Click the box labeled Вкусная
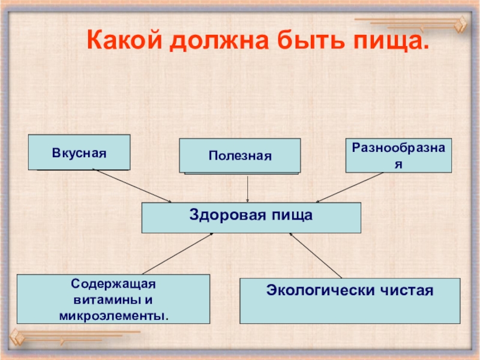(79, 152)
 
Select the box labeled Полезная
(240, 155)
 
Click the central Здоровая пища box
(251, 217)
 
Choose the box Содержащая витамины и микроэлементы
(113, 299)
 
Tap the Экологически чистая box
(350, 301)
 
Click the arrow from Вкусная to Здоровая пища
(132, 186)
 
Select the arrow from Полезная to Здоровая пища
(248, 188)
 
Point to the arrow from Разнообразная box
(350, 187)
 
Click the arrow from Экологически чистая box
(315, 256)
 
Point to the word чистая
(407, 291)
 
